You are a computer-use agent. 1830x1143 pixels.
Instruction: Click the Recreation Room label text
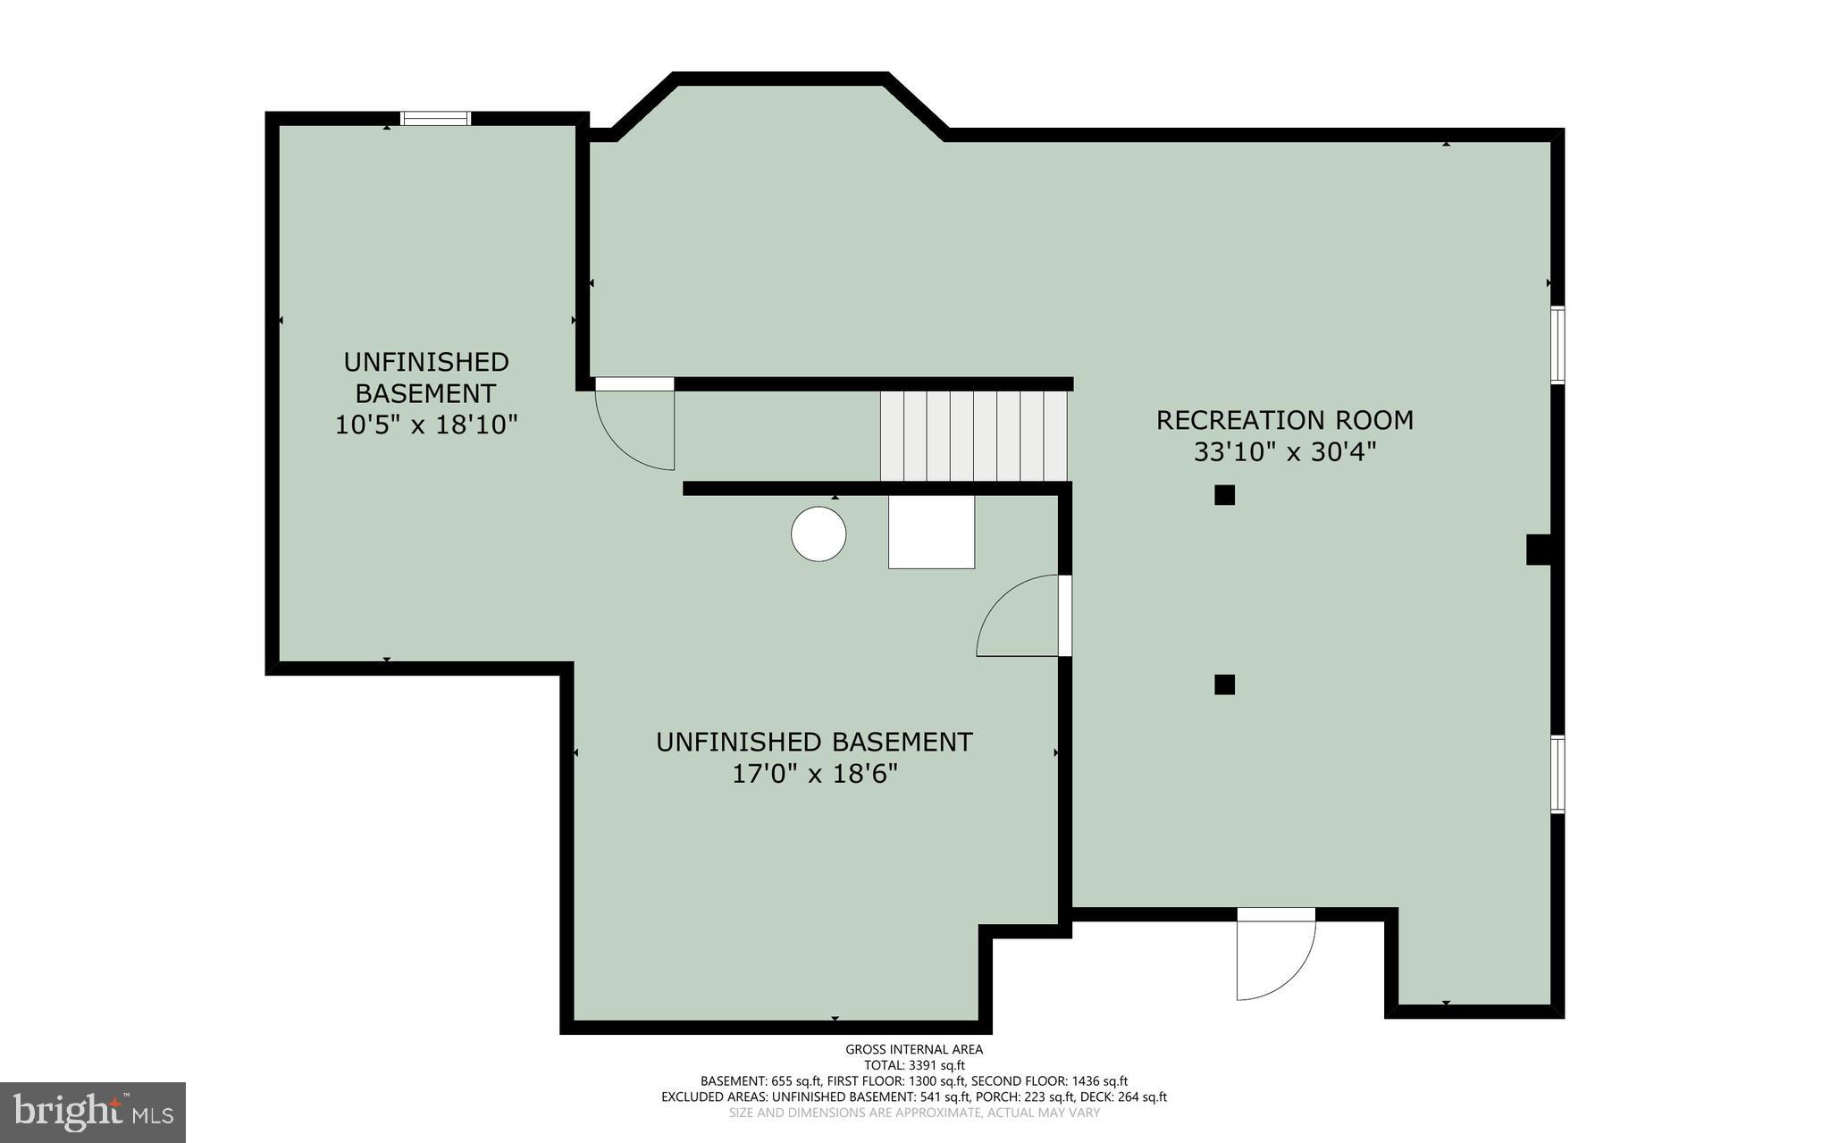pos(1284,420)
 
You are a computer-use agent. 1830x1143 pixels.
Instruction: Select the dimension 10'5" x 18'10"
pos(426,424)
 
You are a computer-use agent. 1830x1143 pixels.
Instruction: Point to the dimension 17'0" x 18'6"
pos(814,774)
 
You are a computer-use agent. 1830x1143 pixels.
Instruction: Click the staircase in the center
pos(974,436)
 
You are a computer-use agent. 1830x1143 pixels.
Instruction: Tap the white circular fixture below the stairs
pos(818,534)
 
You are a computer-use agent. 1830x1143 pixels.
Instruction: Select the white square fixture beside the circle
pos(931,533)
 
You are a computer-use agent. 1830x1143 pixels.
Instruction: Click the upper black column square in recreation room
pos(1224,495)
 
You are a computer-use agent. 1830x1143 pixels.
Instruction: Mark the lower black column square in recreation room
pos(1224,685)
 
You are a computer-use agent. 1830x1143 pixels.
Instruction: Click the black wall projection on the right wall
pos(1538,550)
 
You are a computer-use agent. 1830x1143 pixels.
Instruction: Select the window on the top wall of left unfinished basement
pos(435,118)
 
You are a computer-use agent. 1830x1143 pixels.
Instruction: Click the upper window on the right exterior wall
pos(1557,344)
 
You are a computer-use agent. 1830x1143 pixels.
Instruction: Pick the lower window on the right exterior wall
pos(1557,774)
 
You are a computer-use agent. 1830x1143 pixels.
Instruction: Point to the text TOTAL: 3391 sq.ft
pos(914,1065)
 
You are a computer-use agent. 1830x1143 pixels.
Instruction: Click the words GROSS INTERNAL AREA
pos(914,1049)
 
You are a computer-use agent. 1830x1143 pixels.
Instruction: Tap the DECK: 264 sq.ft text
pos(1123,1097)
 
